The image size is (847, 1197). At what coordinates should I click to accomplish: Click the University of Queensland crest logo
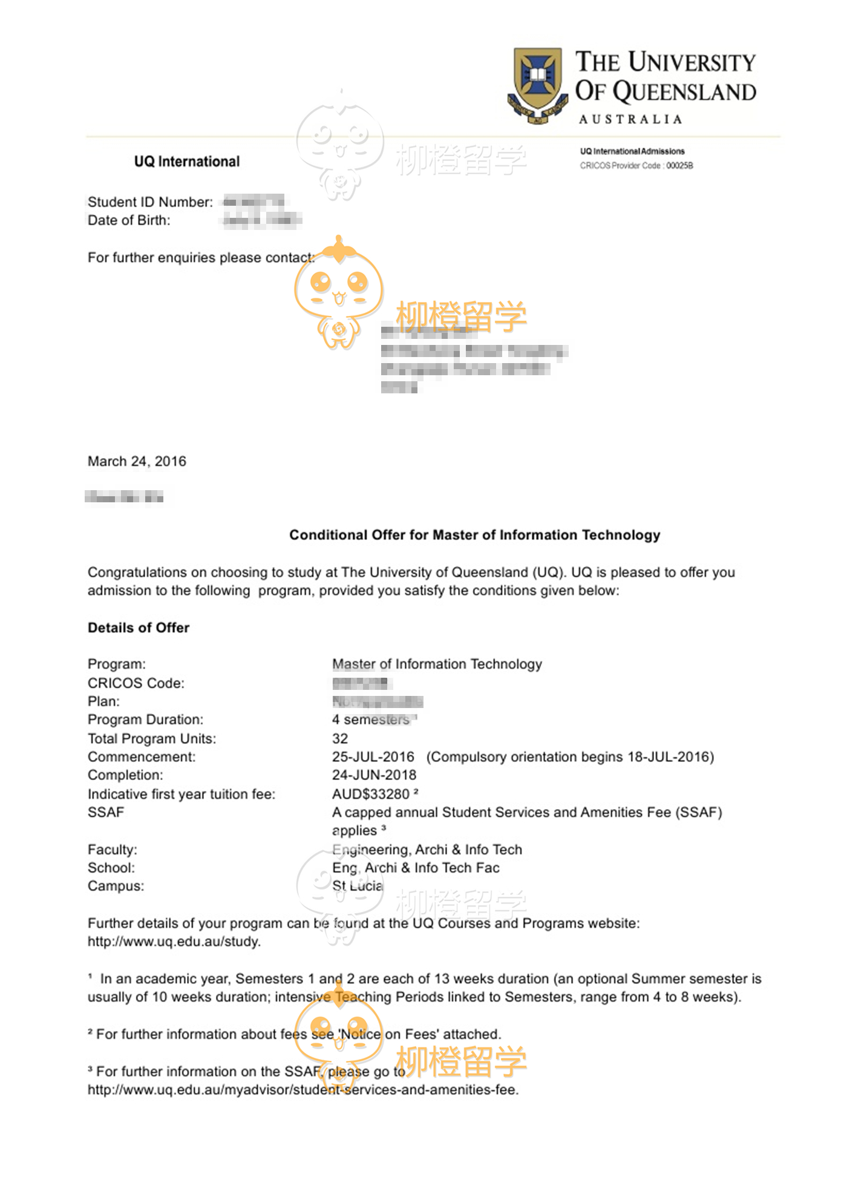tap(537, 85)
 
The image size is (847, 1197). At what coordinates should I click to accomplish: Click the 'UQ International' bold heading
tap(187, 162)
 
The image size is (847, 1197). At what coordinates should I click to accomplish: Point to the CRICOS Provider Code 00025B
tap(636, 166)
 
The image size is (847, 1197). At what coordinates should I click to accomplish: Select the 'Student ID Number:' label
tap(150, 202)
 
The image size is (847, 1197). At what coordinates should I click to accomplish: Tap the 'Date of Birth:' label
tap(129, 220)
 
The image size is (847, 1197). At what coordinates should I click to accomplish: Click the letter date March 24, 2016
tap(137, 462)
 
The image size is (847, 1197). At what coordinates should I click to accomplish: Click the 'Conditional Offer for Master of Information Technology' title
tap(474, 535)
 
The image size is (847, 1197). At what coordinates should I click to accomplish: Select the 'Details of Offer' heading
tap(139, 628)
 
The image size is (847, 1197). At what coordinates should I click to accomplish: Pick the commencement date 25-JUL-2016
tap(373, 757)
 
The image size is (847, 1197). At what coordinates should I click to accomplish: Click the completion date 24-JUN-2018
tap(374, 775)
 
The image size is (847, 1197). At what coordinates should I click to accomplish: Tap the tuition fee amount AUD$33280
tap(371, 794)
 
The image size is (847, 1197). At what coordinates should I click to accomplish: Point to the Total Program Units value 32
tap(340, 739)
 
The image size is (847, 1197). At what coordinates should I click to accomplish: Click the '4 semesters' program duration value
tap(371, 720)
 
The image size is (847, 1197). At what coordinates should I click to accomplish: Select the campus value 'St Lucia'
tap(358, 886)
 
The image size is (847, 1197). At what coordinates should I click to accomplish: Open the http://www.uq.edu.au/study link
tap(174, 942)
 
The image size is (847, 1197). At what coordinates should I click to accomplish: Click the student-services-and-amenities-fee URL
tap(302, 1090)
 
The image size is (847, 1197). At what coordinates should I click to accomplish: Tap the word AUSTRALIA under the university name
tap(630, 119)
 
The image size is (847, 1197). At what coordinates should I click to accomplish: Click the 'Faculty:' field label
tap(113, 850)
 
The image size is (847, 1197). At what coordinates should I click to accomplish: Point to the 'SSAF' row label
tap(106, 812)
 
